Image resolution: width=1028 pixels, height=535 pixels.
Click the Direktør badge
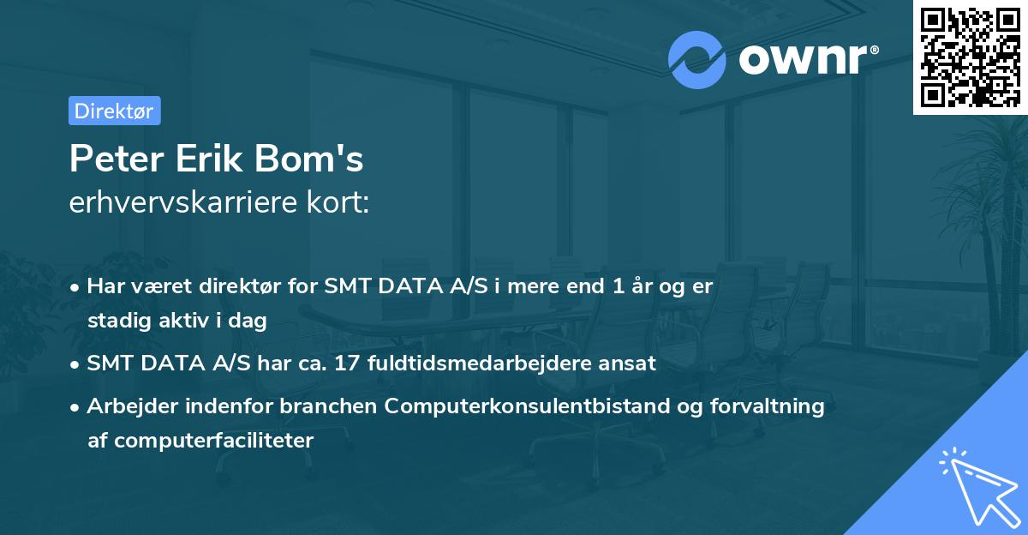[x=114, y=111]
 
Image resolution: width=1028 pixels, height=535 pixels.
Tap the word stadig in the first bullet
[x=115, y=321]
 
